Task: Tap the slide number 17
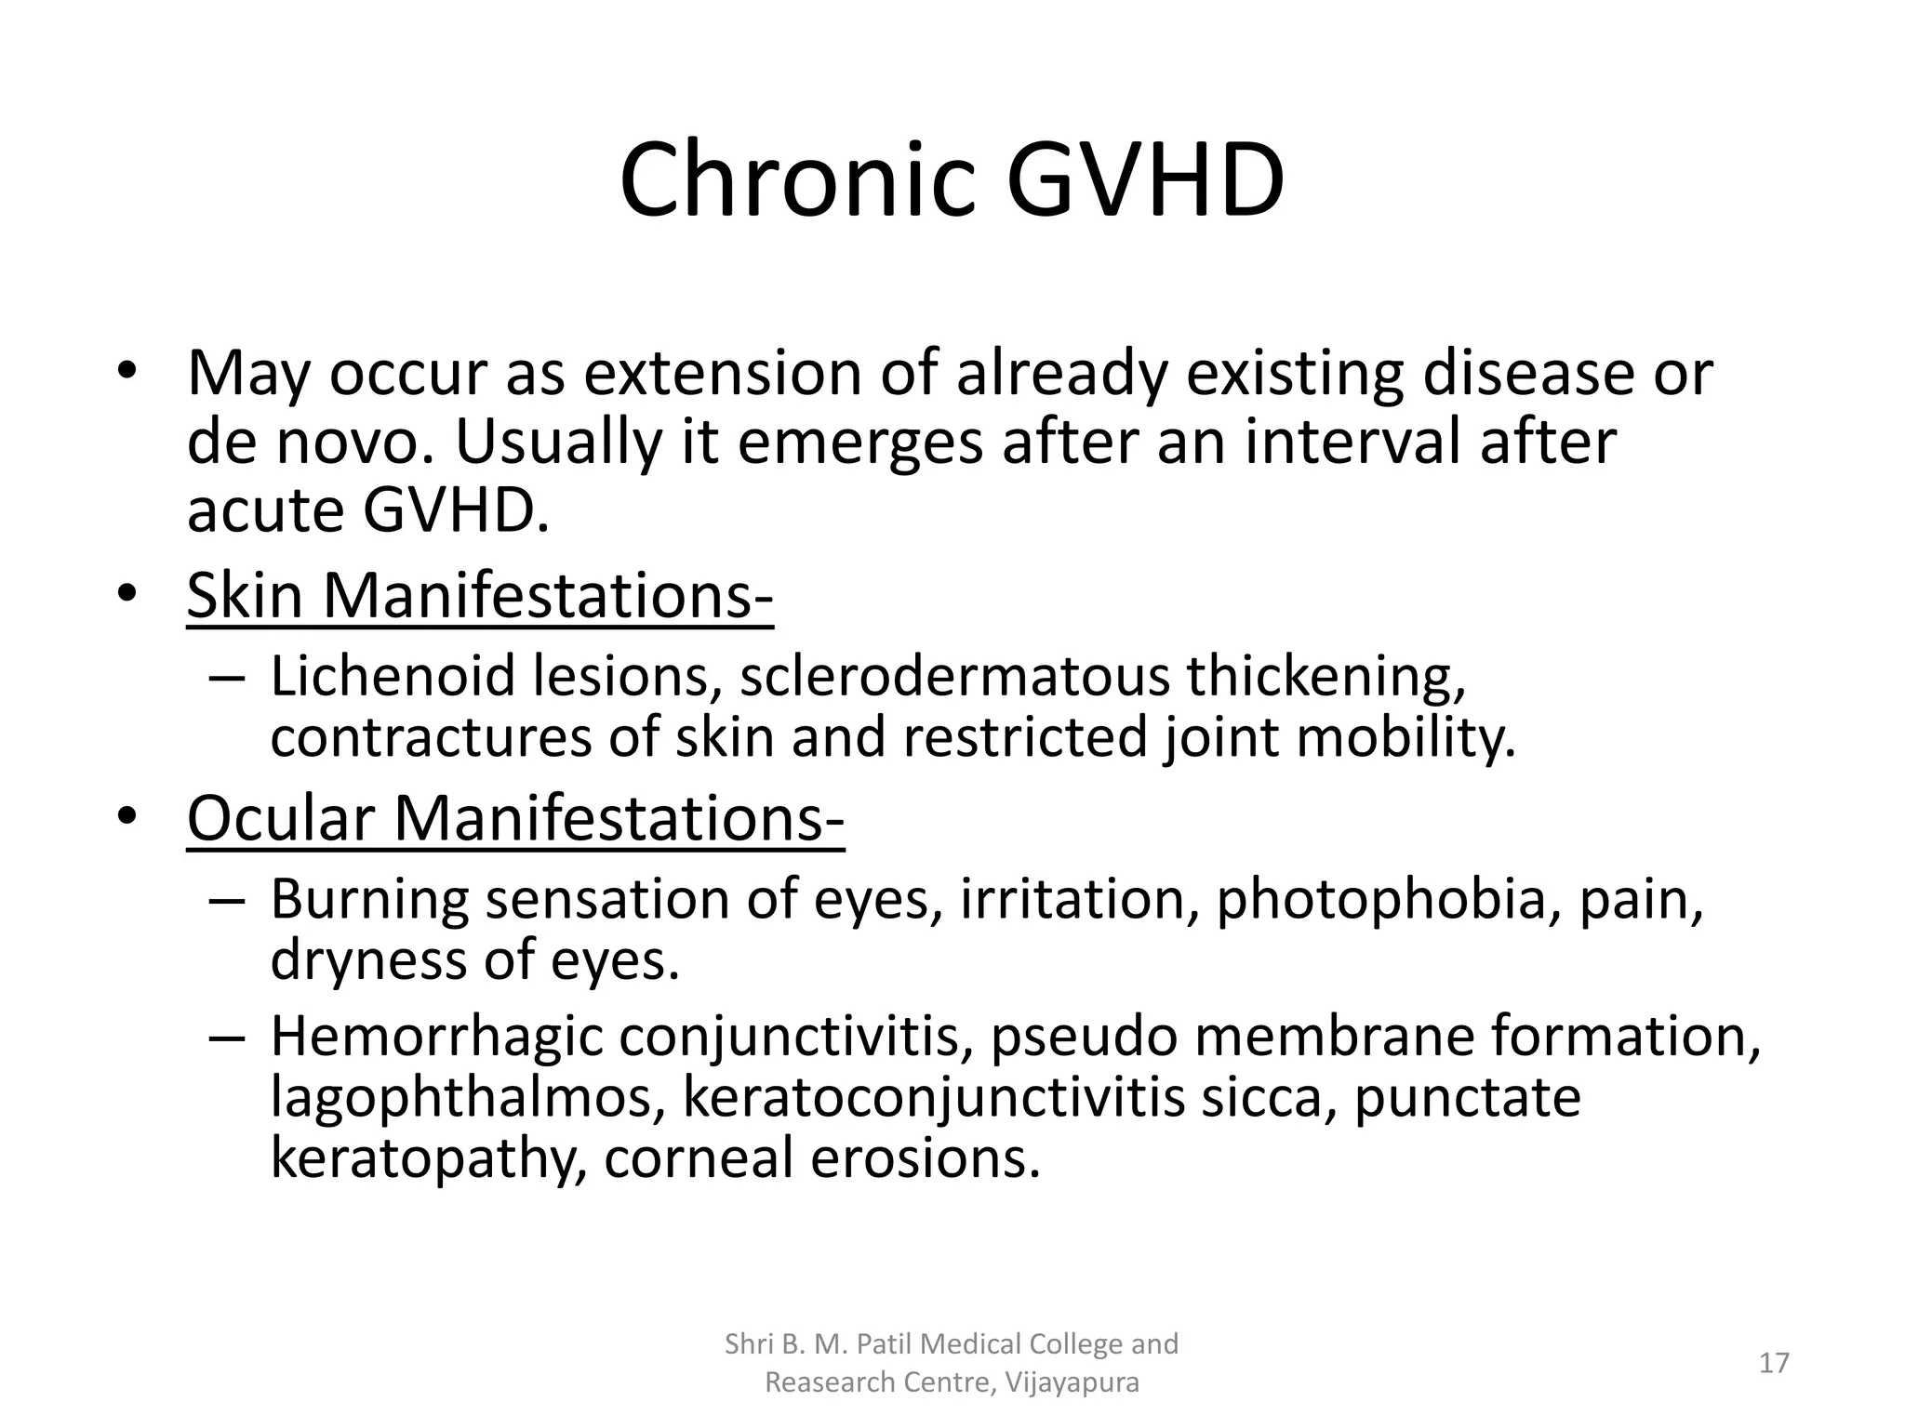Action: [x=1774, y=1363]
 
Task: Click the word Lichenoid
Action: [x=393, y=676]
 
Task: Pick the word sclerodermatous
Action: [x=954, y=676]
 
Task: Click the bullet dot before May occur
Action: [x=127, y=370]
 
